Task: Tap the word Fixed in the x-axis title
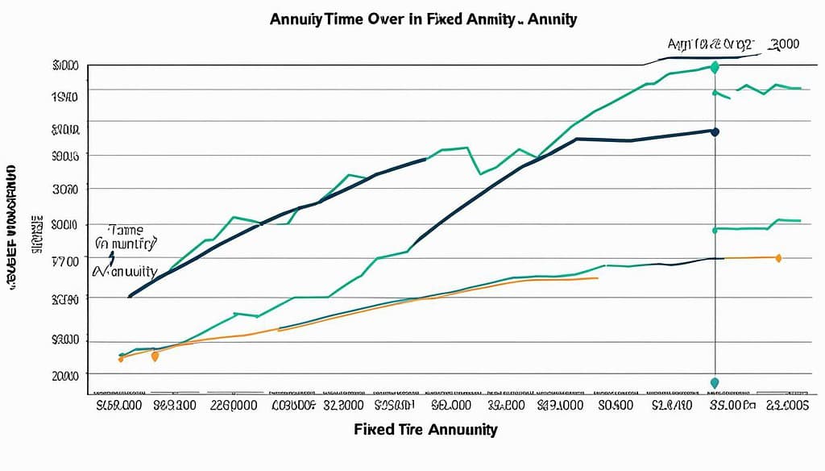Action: pyautogui.click(x=371, y=429)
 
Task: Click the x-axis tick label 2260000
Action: pyautogui.click(x=234, y=405)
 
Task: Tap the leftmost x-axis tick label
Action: pyautogui.click(x=119, y=405)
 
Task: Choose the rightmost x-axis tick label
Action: pyautogui.click(x=787, y=405)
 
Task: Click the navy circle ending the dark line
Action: pyautogui.click(x=715, y=131)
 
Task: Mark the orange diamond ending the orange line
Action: pyautogui.click(x=777, y=258)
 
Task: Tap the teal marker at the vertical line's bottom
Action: pyautogui.click(x=715, y=382)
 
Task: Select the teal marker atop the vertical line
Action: pyautogui.click(x=714, y=68)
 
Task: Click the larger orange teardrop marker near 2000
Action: pyautogui.click(x=155, y=356)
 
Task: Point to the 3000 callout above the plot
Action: pyautogui.click(x=783, y=44)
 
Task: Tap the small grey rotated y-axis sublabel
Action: pyautogui.click(x=36, y=235)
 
